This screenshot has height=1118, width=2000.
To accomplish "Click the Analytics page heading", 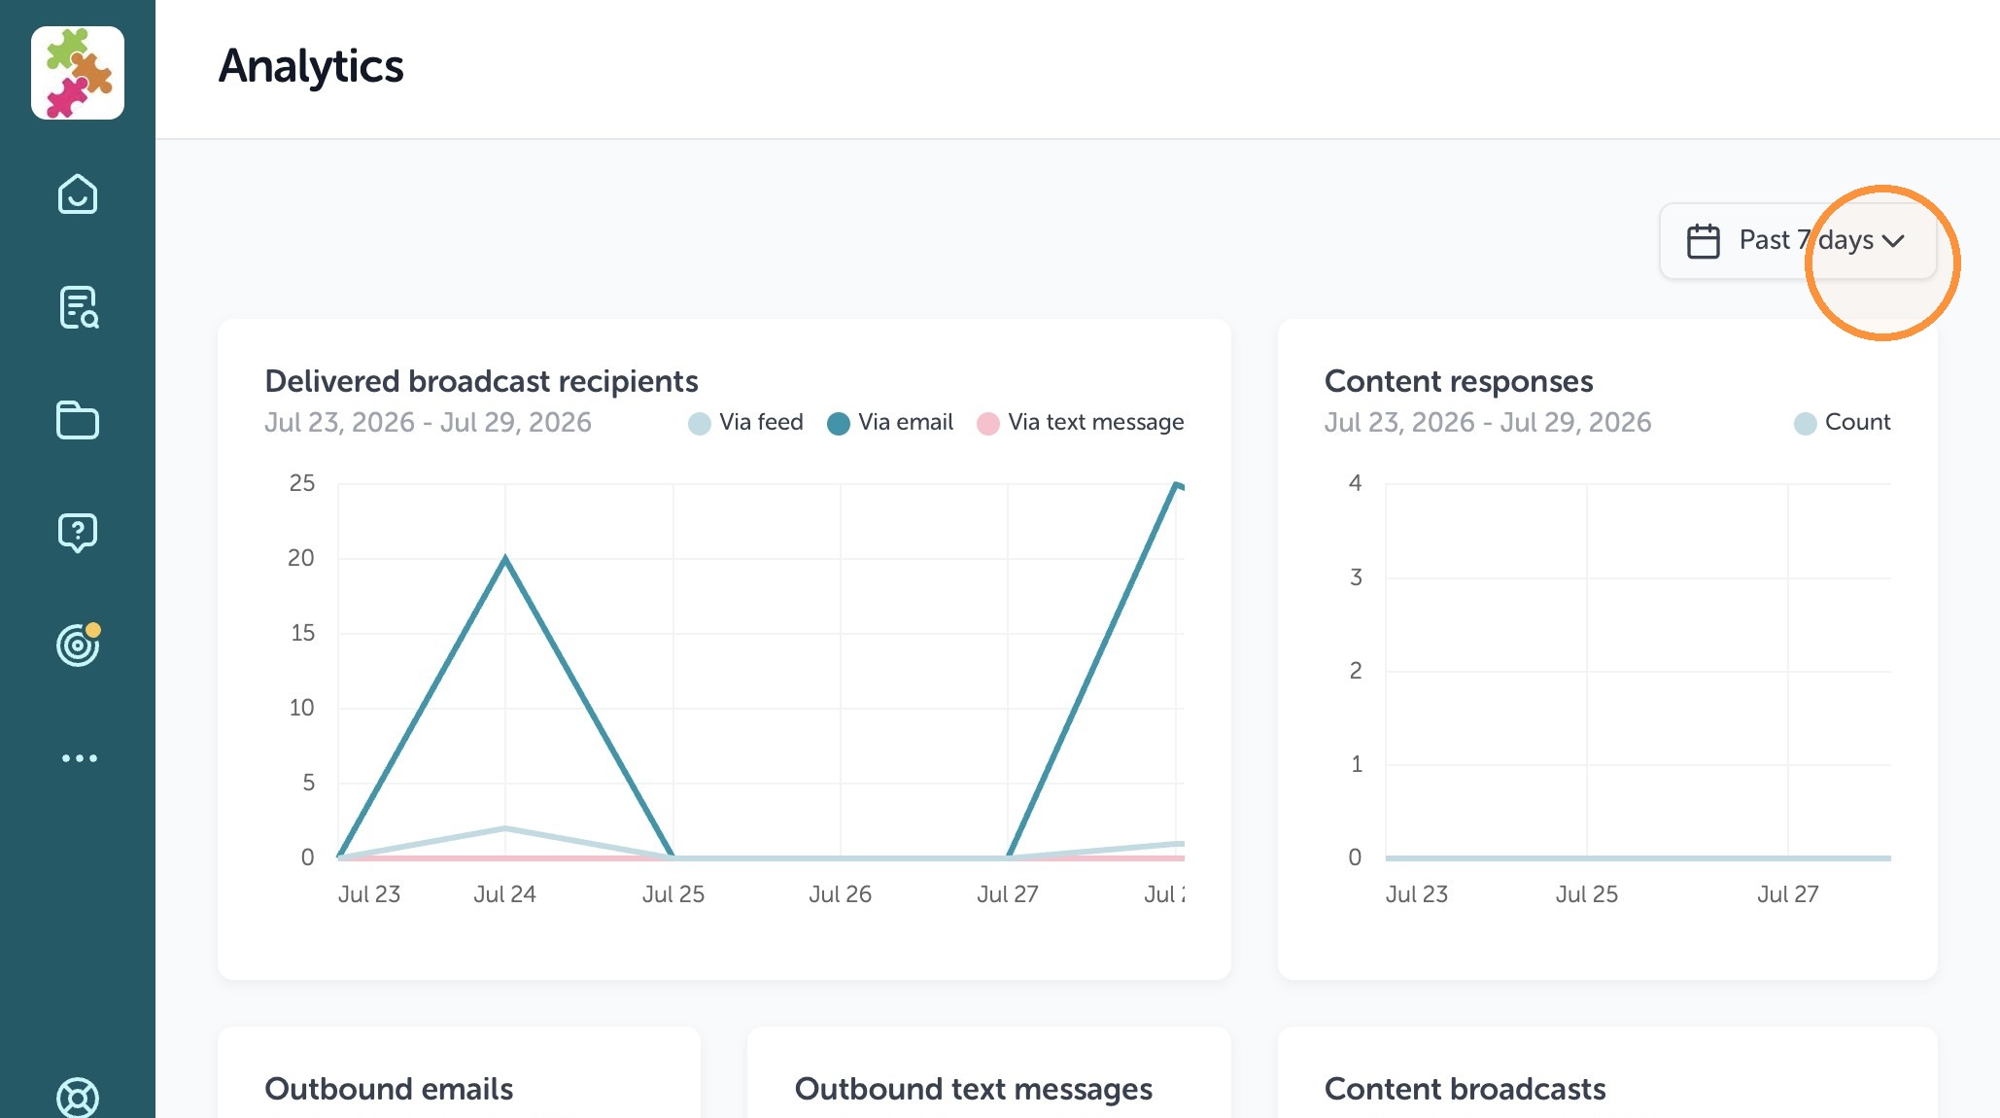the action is [x=311, y=66].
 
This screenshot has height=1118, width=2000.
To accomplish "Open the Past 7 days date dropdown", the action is [x=1798, y=240].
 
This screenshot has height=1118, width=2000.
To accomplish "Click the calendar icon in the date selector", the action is [x=1703, y=241].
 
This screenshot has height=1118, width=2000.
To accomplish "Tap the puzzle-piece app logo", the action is [x=78, y=73].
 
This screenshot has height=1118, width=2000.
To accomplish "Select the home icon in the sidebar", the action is [x=78, y=194].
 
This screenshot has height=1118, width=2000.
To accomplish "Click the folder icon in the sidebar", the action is [x=78, y=420].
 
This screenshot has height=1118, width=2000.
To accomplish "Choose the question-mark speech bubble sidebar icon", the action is [x=78, y=533].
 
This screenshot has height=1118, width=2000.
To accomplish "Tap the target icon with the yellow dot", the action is [x=78, y=644].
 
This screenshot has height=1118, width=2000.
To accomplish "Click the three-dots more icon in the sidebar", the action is [x=79, y=758].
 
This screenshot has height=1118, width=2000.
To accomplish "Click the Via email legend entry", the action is [x=890, y=423].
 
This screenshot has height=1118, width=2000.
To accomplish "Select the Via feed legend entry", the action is [x=745, y=423].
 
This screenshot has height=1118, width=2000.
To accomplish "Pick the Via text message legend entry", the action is [x=1080, y=423].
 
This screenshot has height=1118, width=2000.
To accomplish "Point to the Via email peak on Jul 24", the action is [x=505, y=557].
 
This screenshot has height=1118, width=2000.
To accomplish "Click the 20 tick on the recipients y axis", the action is [x=301, y=558].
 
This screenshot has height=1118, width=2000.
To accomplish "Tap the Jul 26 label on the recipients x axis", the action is [x=841, y=894].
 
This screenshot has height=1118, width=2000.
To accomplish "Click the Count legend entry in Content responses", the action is [x=1842, y=423].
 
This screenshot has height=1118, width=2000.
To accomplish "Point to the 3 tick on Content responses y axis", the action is [x=1356, y=577].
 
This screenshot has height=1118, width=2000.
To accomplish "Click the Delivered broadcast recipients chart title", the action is [x=481, y=381].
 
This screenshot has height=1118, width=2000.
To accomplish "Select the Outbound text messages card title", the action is [x=974, y=1089].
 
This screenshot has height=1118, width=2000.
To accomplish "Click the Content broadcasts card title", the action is [x=1465, y=1089].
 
